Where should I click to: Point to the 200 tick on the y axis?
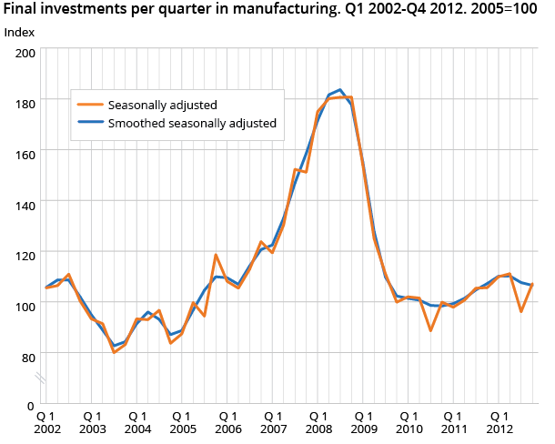(25, 53)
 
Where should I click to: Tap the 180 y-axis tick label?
(25, 104)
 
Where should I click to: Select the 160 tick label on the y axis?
(25, 155)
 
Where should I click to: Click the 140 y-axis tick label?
(25, 206)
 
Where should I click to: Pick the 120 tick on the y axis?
(25, 257)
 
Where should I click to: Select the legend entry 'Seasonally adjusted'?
(162, 105)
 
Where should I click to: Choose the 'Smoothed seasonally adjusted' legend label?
(191, 123)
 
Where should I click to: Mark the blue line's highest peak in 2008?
(339, 90)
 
